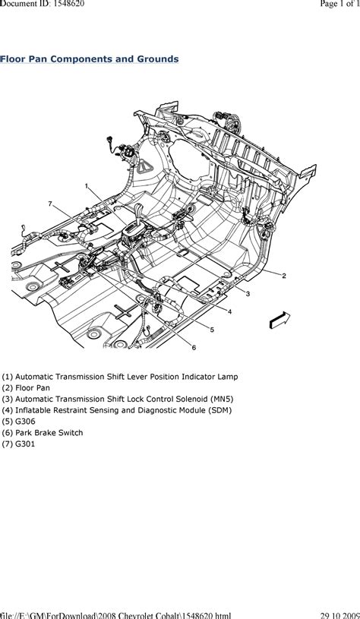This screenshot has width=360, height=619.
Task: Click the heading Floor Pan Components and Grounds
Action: pos(89,59)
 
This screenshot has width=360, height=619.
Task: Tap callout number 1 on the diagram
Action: pos(87,185)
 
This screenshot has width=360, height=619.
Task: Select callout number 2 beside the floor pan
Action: pos(284,276)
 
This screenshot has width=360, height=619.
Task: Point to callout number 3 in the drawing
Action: pos(248,293)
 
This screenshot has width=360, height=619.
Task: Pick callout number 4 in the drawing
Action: pos(229,311)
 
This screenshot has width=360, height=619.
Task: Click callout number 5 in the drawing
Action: pos(212,330)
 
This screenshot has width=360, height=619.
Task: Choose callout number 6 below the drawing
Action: pos(194,347)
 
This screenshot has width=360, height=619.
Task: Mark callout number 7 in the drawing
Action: pos(50,204)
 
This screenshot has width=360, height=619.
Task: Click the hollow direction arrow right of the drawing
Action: pos(279,321)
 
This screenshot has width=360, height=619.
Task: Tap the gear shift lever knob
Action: pos(139,208)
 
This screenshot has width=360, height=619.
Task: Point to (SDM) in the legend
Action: pos(218,410)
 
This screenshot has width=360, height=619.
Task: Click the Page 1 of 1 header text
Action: pos(337,4)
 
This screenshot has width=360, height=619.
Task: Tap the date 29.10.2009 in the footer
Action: pos(339,615)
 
